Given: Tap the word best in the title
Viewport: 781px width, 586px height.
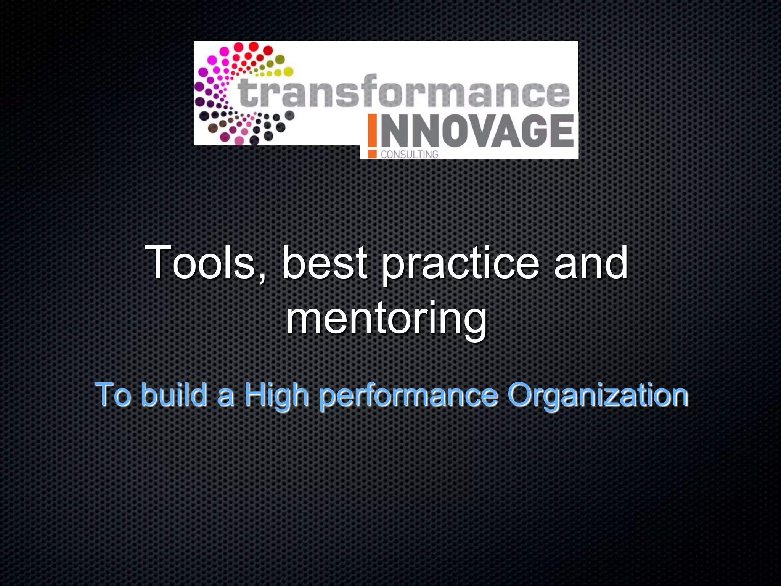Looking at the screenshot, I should [x=325, y=262].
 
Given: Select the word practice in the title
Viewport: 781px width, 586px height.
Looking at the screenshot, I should [x=460, y=265].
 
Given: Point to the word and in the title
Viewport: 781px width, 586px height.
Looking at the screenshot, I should [x=590, y=262].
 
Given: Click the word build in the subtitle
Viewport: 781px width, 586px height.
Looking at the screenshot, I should [x=174, y=395].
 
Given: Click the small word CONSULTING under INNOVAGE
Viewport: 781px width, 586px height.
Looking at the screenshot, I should [x=410, y=154].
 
